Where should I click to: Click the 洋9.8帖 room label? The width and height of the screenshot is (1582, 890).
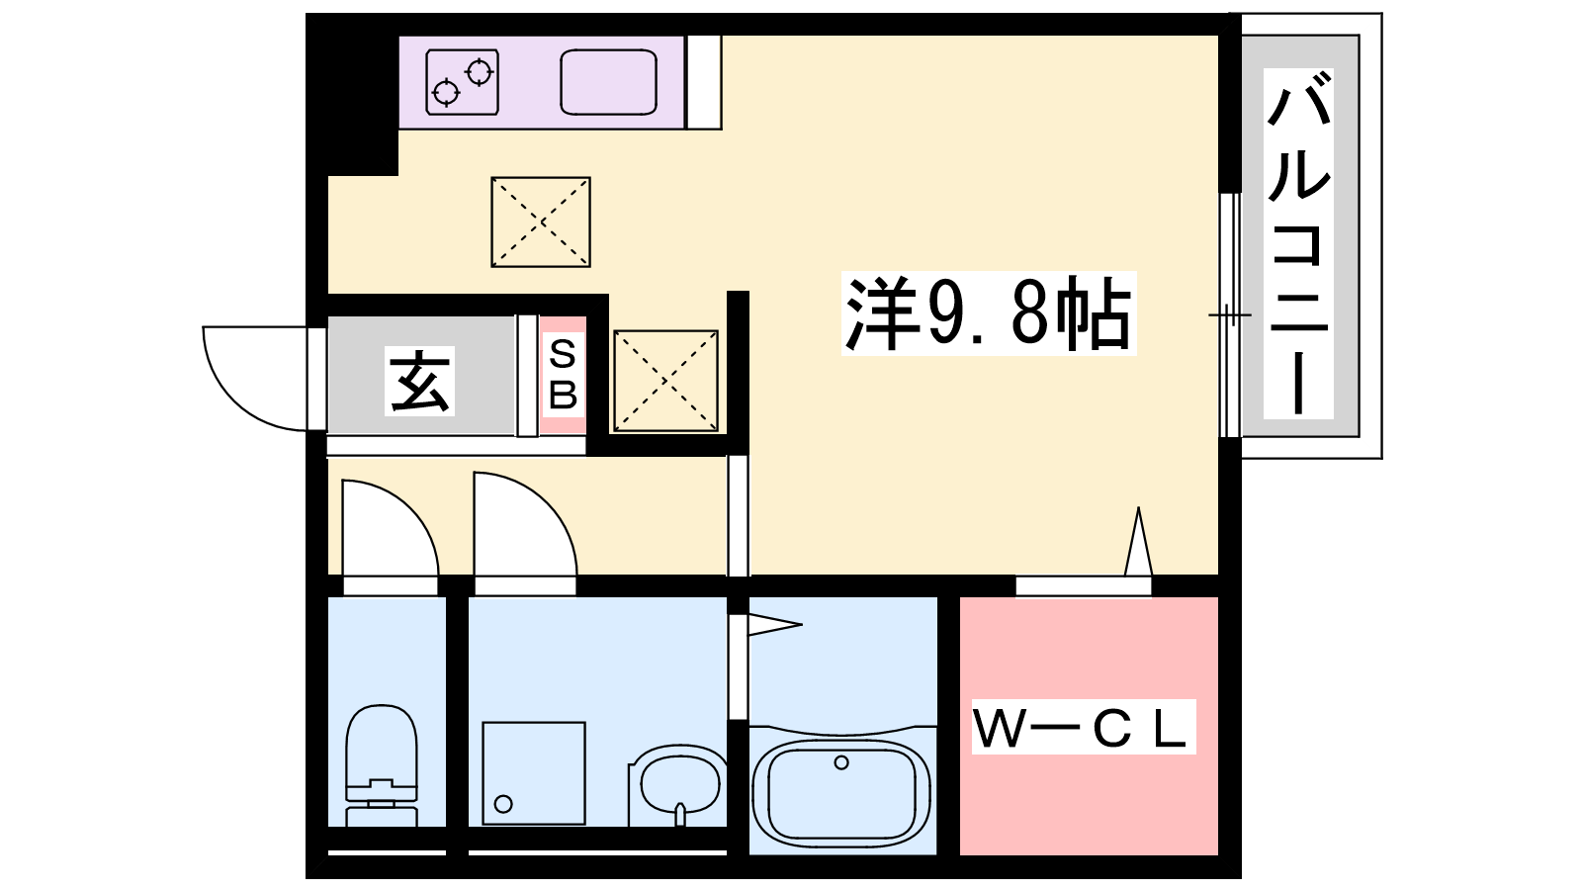[989, 313]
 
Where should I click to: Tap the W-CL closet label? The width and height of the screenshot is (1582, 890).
[1084, 728]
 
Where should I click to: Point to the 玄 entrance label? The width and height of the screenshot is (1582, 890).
[420, 382]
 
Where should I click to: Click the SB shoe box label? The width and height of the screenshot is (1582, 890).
[563, 375]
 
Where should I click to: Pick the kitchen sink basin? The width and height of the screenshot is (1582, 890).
[608, 82]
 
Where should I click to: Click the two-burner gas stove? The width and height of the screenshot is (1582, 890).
[462, 82]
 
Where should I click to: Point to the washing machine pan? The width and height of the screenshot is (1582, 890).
[534, 772]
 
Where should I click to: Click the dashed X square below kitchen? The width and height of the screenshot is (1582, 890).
[541, 222]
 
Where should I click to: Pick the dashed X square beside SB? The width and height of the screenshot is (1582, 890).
[665, 381]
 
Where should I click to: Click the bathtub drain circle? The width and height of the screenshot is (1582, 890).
[841, 762]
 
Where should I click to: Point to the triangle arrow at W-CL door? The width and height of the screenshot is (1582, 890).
[1138, 544]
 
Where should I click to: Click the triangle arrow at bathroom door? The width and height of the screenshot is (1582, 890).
[773, 625]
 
